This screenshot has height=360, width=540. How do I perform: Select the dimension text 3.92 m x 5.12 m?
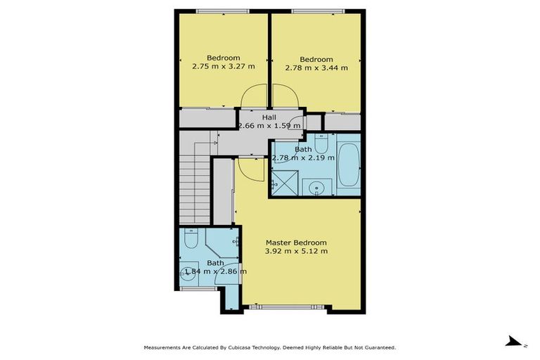tap(296, 251)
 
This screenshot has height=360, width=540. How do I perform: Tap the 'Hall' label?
tap(269, 117)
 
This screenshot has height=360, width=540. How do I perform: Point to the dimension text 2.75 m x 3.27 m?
tap(223, 67)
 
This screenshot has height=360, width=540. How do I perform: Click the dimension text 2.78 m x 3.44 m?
tap(316, 68)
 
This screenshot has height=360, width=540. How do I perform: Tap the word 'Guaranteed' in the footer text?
tap(378, 347)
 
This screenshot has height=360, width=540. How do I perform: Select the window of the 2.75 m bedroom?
tap(222, 11)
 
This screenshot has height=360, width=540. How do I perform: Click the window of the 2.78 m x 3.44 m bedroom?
tap(317, 11)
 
